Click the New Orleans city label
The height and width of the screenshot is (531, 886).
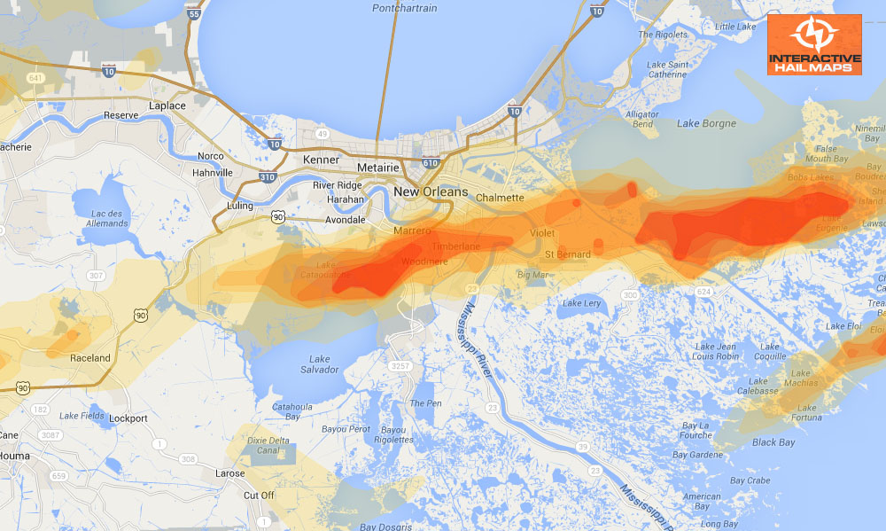coord(431,192)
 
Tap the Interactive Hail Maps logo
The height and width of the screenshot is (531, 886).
coord(814,44)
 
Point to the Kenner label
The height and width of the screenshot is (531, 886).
coord(321,160)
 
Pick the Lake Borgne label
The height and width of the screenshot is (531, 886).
coord(706,123)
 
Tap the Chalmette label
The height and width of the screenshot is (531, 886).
coord(500,198)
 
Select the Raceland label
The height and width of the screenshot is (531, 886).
coord(89,358)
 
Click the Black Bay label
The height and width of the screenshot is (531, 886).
coord(773,442)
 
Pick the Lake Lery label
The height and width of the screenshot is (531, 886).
coord(581,303)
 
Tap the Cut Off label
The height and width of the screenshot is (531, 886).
coord(259,495)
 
